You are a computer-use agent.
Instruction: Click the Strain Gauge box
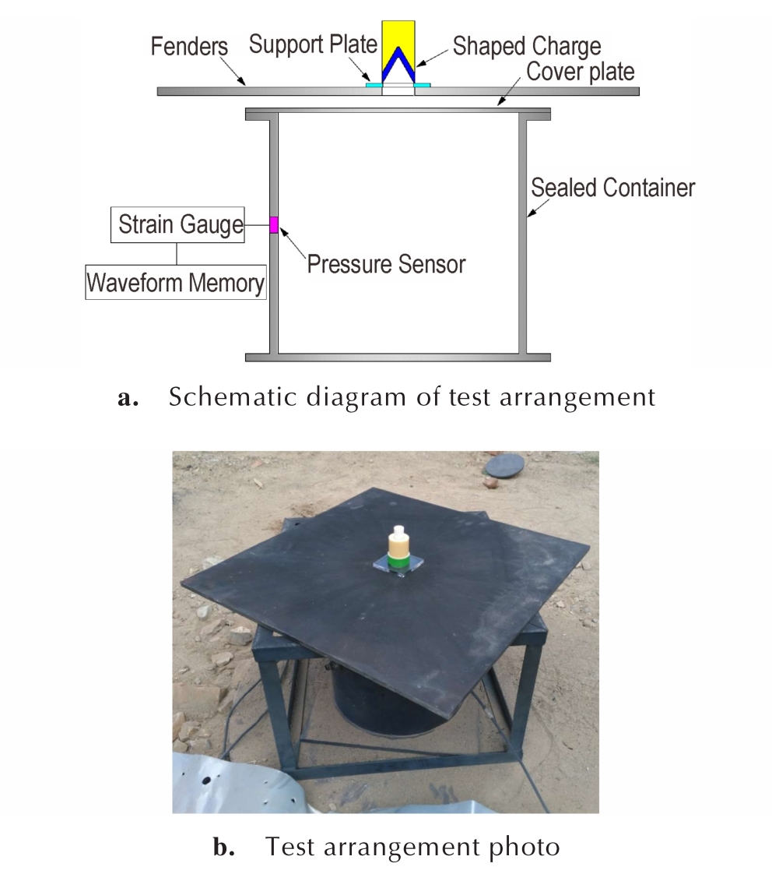(x=177, y=225)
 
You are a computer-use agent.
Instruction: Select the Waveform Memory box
(x=176, y=282)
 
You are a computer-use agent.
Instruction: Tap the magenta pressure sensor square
(x=274, y=225)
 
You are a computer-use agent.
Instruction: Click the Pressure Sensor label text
(x=386, y=264)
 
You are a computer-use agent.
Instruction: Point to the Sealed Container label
(x=612, y=188)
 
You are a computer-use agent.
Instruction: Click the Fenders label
(x=189, y=46)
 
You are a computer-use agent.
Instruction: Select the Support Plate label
(x=313, y=44)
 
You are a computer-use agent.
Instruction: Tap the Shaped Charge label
(x=527, y=46)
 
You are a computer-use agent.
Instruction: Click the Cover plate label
(x=580, y=72)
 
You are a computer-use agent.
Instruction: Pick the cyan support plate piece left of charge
(x=374, y=85)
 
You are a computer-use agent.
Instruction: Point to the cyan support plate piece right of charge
(x=423, y=85)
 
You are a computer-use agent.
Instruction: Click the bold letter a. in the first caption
(x=128, y=397)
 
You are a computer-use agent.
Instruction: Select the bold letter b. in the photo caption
(x=223, y=847)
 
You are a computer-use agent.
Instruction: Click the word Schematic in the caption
(x=232, y=396)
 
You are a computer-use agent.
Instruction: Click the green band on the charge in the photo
(x=398, y=562)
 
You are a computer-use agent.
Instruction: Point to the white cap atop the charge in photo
(x=399, y=531)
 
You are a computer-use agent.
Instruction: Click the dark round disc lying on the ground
(x=505, y=465)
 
